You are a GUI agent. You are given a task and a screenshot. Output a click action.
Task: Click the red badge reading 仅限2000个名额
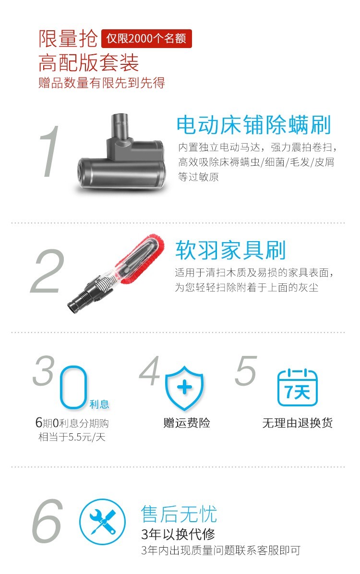tap(146, 38)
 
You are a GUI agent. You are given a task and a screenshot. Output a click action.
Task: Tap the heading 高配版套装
tap(88, 62)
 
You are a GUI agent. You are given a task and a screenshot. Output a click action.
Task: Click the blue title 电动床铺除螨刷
tap(253, 125)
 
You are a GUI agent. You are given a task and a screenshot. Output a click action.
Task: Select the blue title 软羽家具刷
tap(230, 250)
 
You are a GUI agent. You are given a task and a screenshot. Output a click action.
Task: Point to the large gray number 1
tap(50, 151)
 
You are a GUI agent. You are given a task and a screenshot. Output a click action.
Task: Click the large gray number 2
tap(48, 271)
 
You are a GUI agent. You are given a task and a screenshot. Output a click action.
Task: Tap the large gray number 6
tap(48, 521)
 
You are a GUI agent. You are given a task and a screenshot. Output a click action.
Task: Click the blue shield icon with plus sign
tap(184, 387)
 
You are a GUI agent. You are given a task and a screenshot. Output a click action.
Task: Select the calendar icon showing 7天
tap(298, 388)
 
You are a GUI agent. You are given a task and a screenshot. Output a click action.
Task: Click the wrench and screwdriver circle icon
tap(102, 522)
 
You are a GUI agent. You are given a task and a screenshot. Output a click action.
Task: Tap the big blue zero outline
tap(73, 387)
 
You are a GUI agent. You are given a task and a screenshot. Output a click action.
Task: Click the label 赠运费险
tap(187, 423)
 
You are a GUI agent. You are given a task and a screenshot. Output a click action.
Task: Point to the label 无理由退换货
tap(298, 423)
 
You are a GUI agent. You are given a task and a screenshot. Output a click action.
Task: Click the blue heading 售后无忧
tap(179, 514)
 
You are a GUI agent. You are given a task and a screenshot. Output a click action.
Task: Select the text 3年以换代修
tap(178, 534)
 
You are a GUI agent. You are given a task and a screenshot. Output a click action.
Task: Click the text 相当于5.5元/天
tap(72, 437)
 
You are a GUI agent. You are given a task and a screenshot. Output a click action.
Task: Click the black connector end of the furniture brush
tap(79, 300)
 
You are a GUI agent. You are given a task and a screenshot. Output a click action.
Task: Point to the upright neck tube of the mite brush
tap(121, 126)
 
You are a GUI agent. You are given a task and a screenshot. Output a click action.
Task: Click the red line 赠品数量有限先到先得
tap(102, 83)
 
